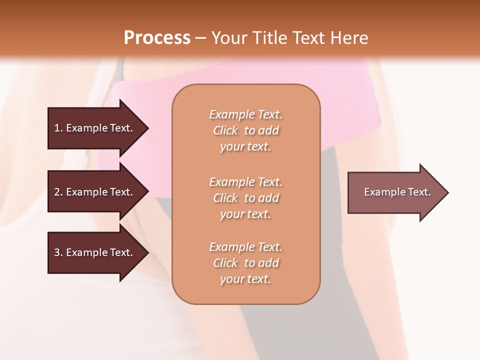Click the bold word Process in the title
click(157, 38)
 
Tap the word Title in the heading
click(267, 38)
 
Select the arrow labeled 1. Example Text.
click(95, 128)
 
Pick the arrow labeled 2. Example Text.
click(95, 192)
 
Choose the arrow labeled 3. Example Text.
click(95, 252)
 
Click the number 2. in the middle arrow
click(58, 192)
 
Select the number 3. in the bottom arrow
click(58, 252)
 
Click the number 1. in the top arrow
click(58, 128)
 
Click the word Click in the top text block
click(225, 131)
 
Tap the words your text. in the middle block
click(245, 214)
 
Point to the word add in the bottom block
click(269, 263)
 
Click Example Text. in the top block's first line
click(245, 114)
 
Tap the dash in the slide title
click(201, 38)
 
